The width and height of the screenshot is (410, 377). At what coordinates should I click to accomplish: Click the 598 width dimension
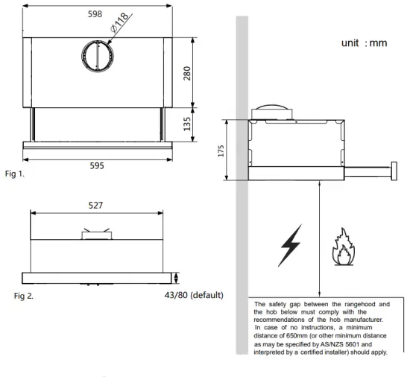[95, 13]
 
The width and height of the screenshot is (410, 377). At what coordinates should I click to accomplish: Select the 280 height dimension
[188, 73]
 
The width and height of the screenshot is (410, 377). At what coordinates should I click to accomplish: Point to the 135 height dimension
[188, 121]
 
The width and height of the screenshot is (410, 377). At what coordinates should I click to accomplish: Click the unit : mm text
[364, 43]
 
